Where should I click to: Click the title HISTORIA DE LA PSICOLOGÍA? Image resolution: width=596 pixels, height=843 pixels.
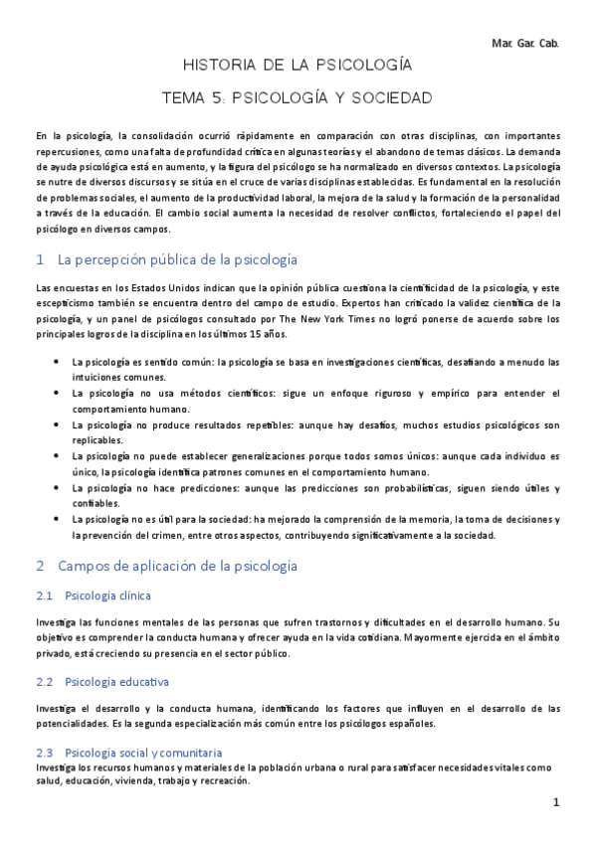[x=298, y=67]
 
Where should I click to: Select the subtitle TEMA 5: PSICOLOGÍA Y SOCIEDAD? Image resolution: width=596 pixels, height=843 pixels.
[x=298, y=98]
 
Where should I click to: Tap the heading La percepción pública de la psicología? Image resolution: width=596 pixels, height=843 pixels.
[x=178, y=259]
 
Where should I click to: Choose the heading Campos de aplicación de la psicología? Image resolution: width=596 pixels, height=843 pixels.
[x=178, y=566]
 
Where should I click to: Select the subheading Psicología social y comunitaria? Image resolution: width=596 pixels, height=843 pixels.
[x=142, y=753]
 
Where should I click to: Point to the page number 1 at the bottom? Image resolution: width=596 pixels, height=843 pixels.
[x=557, y=802]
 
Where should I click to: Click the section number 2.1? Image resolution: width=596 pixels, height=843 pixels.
[x=43, y=596]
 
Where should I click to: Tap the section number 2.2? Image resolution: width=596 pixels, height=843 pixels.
[x=43, y=682]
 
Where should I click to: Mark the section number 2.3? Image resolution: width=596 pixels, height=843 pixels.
[x=43, y=753]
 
